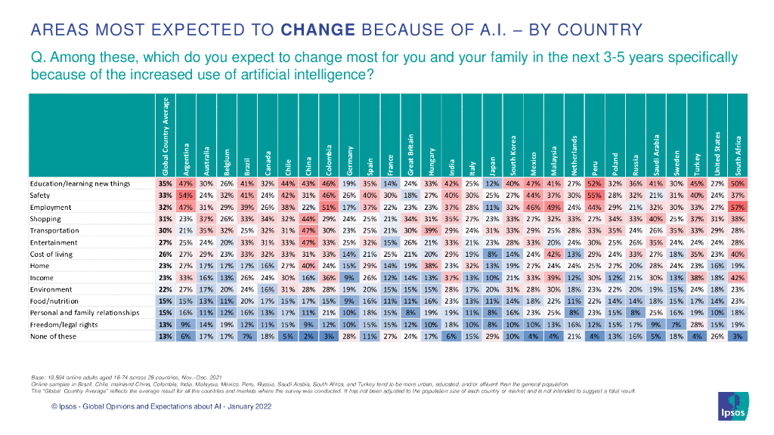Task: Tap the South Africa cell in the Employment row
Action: pyautogui.click(x=736, y=207)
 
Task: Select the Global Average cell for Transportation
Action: pyautogui.click(x=165, y=231)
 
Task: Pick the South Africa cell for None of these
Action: pyautogui.click(x=736, y=337)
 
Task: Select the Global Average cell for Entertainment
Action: pyautogui.click(x=165, y=243)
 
